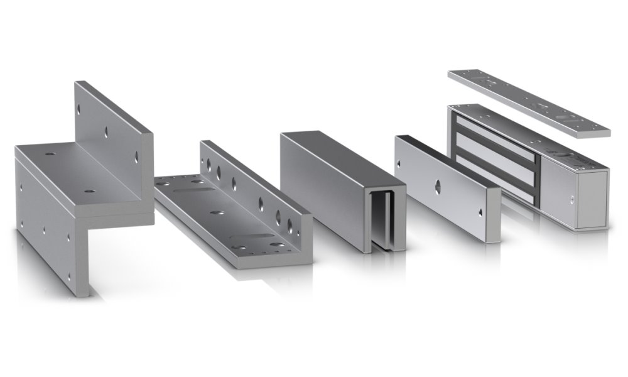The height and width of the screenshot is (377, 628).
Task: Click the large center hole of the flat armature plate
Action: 437,184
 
